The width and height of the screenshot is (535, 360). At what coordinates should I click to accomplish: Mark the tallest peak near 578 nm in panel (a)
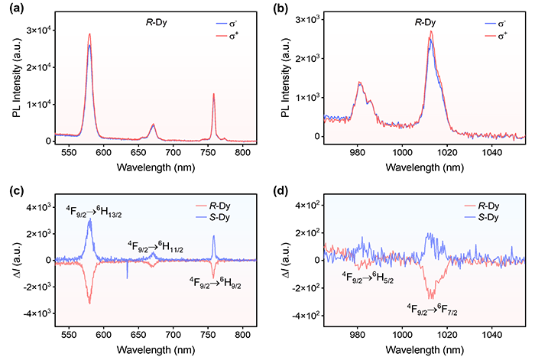tap(89, 34)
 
